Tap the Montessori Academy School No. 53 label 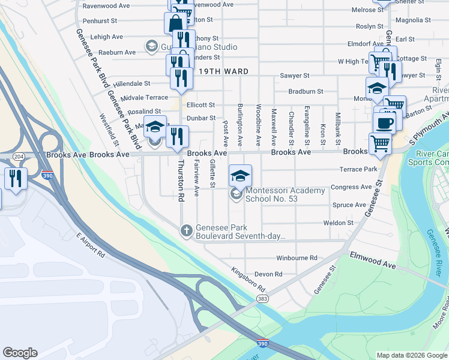point(285,194)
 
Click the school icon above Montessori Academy point(240,175)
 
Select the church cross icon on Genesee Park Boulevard point(187,230)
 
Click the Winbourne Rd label point(297,258)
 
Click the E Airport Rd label point(90,245)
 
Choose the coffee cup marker point(384,123)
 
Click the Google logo point(20,353)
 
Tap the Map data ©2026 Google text point(411,355)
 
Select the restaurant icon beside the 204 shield point(15,178)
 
